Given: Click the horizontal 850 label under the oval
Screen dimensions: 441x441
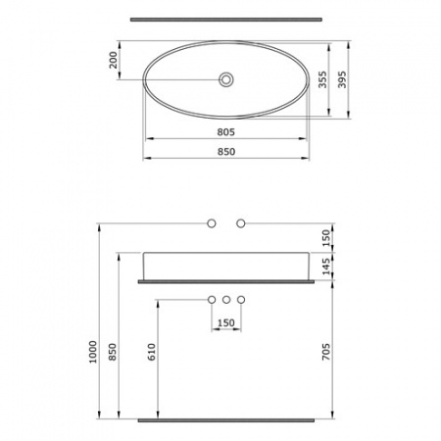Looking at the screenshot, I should click(227, 152).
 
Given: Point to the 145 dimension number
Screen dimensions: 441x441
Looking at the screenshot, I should click(324, 265).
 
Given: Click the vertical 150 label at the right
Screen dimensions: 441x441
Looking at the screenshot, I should click(324, 236).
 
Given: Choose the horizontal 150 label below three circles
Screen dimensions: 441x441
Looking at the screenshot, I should click(225, 322).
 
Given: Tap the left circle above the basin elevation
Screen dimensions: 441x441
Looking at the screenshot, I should click(211, 224).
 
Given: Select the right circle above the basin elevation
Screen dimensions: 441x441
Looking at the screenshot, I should click(239, 224).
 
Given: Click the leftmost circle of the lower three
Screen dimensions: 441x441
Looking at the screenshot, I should click(211, 298).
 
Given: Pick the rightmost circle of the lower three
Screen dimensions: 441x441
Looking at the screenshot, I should click(240, 298).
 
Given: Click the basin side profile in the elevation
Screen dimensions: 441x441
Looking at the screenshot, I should click(227, 264).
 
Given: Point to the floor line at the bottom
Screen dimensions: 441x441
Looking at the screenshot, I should click(227, 420).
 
